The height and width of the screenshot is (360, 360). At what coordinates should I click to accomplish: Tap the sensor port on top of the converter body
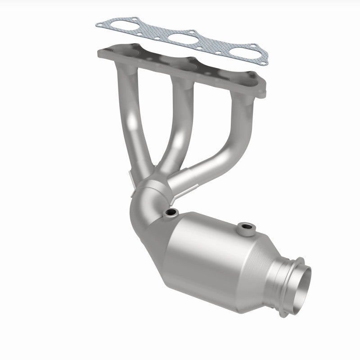pos(245,229)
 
